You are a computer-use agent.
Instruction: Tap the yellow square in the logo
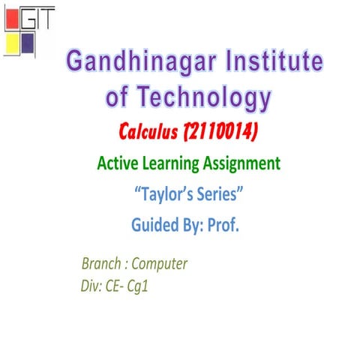(x=12, y=42)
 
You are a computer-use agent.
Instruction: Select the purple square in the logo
(x=28, y=42)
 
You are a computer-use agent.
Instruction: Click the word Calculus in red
(x=148, y=133)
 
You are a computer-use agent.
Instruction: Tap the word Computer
(x=160, y=264)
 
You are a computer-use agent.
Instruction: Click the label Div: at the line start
(x=90, y=285)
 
